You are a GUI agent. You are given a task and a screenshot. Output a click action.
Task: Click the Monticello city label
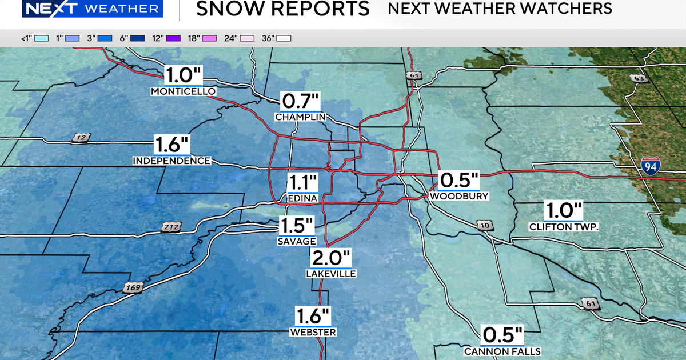(183, 91)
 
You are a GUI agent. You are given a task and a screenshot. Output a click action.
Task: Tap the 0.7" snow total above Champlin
(300, 102)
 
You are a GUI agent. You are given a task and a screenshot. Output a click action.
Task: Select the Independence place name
(171, 161)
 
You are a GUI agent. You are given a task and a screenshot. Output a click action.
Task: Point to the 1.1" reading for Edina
(302, 183)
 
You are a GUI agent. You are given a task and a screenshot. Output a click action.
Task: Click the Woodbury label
(459, 196)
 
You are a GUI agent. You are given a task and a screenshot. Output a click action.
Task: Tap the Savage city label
(297, 241)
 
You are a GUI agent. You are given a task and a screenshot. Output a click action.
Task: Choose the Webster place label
(313, 332)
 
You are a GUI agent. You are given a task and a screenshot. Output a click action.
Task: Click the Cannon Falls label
(502, 351)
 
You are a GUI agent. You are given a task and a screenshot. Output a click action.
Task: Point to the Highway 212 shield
(171, 227)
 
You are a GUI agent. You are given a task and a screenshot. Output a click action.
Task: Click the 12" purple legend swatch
(173, 38)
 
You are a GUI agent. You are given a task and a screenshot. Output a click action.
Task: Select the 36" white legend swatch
(284, 38)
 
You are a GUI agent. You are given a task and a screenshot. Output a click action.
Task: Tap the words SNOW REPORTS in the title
(282, 9)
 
